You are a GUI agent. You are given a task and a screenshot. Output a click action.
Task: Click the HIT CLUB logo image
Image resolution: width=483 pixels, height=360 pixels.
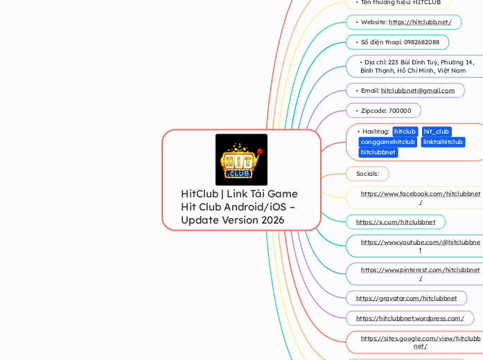click(x=241, y=159)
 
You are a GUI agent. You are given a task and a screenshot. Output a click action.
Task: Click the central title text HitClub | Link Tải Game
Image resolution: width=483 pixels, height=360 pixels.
click(x=239, y=194)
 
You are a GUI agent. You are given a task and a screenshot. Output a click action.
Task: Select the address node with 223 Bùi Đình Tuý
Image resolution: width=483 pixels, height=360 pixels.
click(x=416, y=66)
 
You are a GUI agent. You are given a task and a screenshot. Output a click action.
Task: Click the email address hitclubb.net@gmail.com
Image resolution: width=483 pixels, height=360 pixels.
click(x=418, y=91)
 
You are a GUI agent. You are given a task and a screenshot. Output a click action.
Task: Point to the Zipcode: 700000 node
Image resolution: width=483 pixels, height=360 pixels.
click(x=386, y=111)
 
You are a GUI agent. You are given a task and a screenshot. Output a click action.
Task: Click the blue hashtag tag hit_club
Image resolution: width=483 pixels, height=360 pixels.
click(x=437, y=132)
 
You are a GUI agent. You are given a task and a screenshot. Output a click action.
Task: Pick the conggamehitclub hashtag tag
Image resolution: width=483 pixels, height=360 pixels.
click(x=387, y=142)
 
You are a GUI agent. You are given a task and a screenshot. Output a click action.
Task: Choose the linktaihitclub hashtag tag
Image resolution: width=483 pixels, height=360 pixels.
click(x=443, y=142)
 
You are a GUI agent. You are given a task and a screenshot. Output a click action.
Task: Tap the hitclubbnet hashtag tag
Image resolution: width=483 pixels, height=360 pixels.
click(x=378, y=152)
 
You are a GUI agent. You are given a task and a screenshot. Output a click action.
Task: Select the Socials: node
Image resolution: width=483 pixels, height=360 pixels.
click(x=367, y=173)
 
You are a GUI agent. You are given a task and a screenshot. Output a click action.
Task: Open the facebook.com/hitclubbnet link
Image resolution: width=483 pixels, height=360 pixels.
click(x=420, y=195)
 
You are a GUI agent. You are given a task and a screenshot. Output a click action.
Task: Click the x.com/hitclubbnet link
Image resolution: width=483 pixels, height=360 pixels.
click(x=395, y=222)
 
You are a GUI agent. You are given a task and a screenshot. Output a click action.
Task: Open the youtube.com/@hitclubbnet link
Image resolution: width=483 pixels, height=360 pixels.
click(x=420, y=243)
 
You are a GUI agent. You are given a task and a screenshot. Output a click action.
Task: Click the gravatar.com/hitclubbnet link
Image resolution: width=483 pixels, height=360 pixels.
click(x=406, y=298)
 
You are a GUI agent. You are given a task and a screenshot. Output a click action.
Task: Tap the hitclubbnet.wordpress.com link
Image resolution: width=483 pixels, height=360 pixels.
click(x=410, y=318)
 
